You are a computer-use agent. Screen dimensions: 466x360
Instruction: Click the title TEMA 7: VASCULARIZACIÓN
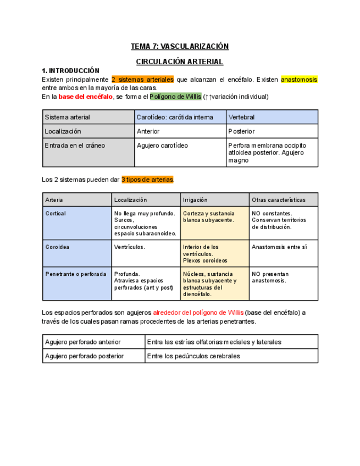click(x=179, y=46)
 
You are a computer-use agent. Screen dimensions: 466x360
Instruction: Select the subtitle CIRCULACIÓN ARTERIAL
click(x=179, y=62)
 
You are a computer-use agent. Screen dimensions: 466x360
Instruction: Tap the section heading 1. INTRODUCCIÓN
click(x=70, y=71)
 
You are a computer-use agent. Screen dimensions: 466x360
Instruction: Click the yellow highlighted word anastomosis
click(x=299, y=80)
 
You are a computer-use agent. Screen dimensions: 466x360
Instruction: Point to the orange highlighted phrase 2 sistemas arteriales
click(x=142, y=80)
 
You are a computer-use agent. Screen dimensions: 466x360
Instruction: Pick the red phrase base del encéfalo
click(x=85, y=97)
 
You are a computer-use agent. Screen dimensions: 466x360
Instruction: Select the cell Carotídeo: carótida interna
click(x=175, y=117)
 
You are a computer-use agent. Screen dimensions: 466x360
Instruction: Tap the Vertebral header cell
click(x=242, y=117)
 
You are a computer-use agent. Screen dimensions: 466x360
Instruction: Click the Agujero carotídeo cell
click(x=162, y=146)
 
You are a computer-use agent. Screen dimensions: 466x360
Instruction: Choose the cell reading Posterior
click(x=242, y=131)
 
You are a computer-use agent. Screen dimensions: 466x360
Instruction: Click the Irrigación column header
click(x=195, y=200)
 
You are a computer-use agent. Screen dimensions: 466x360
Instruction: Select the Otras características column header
click(x=278, y=200)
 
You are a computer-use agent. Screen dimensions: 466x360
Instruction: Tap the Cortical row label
click(x=56, y=214)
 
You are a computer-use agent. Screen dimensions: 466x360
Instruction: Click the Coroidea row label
click(x=57, y=247)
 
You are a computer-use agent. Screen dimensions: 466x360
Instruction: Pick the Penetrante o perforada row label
click(x=76, y=274)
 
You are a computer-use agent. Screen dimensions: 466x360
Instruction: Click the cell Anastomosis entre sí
click(x=279, y=247)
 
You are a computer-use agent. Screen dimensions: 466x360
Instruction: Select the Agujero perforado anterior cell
click(x=83, y=342)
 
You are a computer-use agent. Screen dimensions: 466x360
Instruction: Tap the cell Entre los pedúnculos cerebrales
click(x=194, y=356)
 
